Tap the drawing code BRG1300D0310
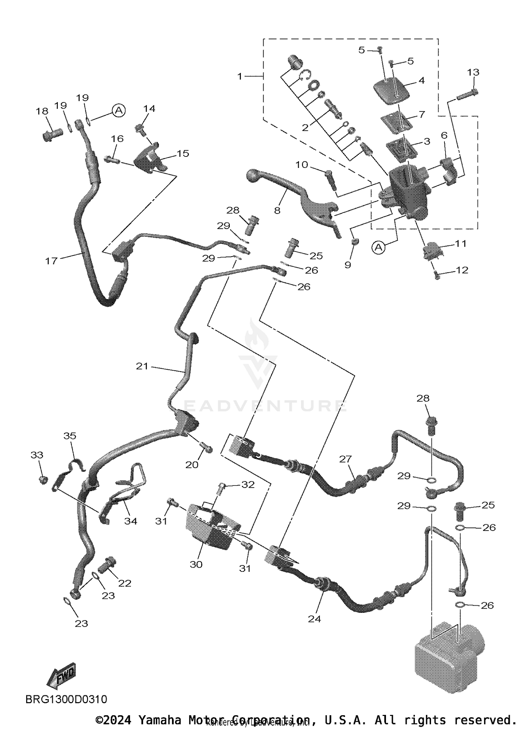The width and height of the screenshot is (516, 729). (x=66, y=699)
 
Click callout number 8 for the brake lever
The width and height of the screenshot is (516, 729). (x=277, y=210)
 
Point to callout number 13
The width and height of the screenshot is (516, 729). (x=473, y=72)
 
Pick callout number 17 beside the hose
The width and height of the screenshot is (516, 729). (x=51, y=261)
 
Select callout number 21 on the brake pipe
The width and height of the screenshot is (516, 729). (x=142, y=366)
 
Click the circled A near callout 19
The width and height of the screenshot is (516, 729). (x=118, y=110)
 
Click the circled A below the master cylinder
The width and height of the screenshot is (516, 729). (x=378, y=247)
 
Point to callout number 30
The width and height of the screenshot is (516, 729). (x=196, y=564)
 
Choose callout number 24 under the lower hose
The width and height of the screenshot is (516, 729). (x=314, y=619)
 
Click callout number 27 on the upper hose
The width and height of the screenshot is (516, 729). (x=345, y=459)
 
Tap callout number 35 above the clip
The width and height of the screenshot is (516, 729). (x=70, y=436)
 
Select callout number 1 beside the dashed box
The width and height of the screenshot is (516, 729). (x=240, y=76)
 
